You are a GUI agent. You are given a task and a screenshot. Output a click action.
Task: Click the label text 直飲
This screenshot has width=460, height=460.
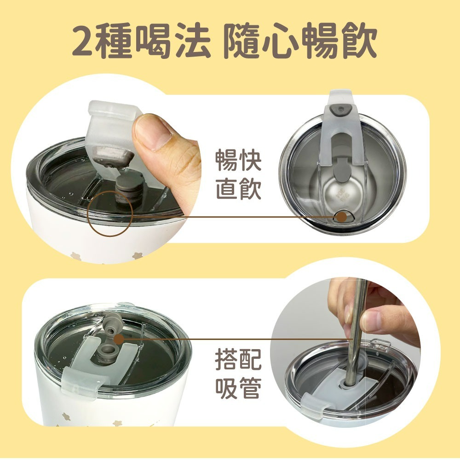238,190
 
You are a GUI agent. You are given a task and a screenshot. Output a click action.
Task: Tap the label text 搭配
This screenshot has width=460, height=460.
238,359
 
